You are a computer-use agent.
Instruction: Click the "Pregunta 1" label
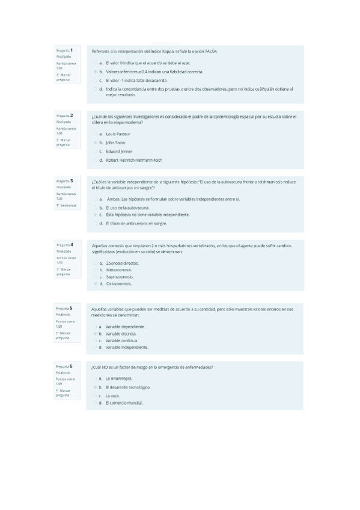pos(64,51)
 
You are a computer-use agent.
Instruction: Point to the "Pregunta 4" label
pos(64,245)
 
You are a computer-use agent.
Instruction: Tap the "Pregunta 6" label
pos(64,366)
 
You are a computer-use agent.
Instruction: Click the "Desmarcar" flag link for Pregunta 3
pos(65,205)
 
